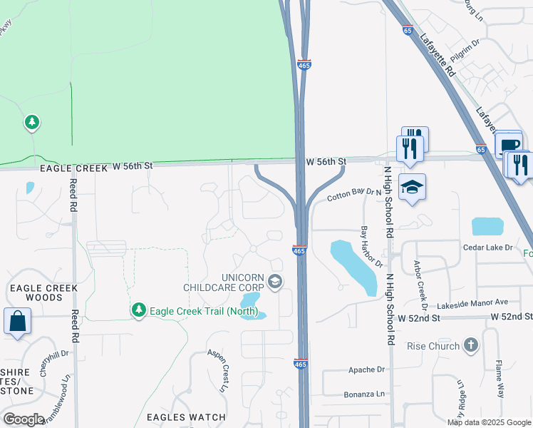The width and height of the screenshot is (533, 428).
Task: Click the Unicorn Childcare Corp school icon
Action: click(274, 282)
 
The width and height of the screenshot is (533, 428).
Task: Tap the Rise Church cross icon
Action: click(470, 346)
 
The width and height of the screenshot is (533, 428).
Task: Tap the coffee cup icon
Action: click(509, 145)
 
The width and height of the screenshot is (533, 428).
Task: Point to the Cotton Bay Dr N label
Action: click(355, 195)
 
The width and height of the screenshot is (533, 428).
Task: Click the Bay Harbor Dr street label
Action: click(367, 247)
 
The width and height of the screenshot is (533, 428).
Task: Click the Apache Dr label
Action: click(366, 370)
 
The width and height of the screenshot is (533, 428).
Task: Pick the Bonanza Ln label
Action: click(366, 393)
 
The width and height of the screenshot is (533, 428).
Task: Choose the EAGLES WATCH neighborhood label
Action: click(186, 417)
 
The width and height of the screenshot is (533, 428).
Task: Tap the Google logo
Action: click(24, 419)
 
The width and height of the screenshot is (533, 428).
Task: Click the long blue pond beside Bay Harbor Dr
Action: click(354, 267)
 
